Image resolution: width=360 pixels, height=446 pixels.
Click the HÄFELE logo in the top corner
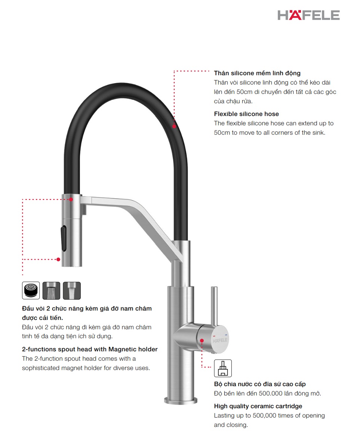308,15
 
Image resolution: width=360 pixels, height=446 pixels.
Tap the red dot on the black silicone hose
174,126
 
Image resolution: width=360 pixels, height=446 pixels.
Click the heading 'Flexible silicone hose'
246,114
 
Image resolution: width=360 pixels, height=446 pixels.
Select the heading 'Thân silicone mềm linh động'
257,73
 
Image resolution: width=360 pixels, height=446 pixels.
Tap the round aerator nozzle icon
31,290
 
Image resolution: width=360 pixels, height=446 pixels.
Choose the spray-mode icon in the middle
51,290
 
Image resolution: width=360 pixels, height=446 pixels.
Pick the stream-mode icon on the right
72,290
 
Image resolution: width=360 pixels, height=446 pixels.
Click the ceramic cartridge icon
223,368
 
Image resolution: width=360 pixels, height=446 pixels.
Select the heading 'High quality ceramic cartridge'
258,406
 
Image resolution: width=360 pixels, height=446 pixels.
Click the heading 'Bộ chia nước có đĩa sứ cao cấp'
260,384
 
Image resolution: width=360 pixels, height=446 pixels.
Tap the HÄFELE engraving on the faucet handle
220,341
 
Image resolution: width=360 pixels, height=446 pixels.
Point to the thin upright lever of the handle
214,305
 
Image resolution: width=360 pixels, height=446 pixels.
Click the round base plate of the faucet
181,401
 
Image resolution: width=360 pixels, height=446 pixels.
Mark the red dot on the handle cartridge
202,340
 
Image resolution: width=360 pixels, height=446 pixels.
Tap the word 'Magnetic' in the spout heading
123,349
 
